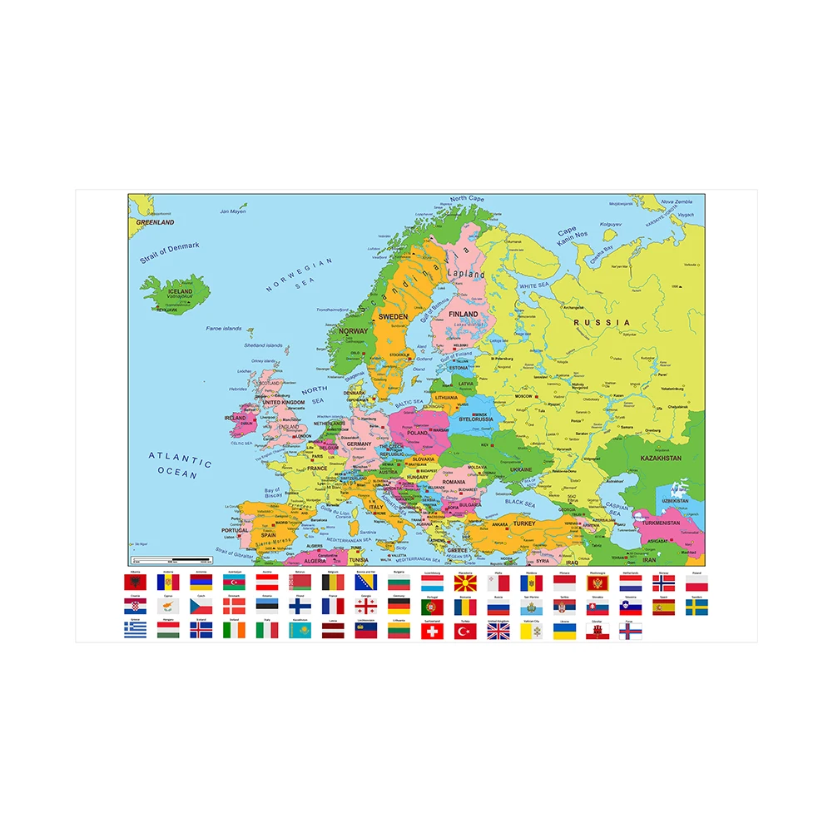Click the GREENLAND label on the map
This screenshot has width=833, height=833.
(155, 223)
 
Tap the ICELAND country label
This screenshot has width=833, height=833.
(180, 281)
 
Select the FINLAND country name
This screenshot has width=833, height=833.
(464, 314)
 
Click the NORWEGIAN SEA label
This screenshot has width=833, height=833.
(300, 275)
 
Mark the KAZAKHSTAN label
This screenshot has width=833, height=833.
(661, 459)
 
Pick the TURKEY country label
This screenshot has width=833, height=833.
(524, 523)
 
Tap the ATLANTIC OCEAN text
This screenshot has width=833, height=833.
(180, 464)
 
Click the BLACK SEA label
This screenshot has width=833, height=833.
(520, 503)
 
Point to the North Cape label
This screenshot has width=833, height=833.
(467, 199)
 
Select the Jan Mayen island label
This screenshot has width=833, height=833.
(233, 211)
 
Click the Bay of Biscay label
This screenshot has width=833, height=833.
(273, 493)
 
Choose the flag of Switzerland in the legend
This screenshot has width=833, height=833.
(433, 632)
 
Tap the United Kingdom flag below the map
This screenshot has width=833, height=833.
(498, 632)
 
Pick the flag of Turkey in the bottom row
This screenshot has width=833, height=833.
(465, 632)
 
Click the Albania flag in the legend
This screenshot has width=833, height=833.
(135, 583)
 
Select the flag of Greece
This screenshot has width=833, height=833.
(135, 632)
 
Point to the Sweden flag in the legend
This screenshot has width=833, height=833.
(697, 607)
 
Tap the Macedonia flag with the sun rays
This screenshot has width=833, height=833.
(465, 583)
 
